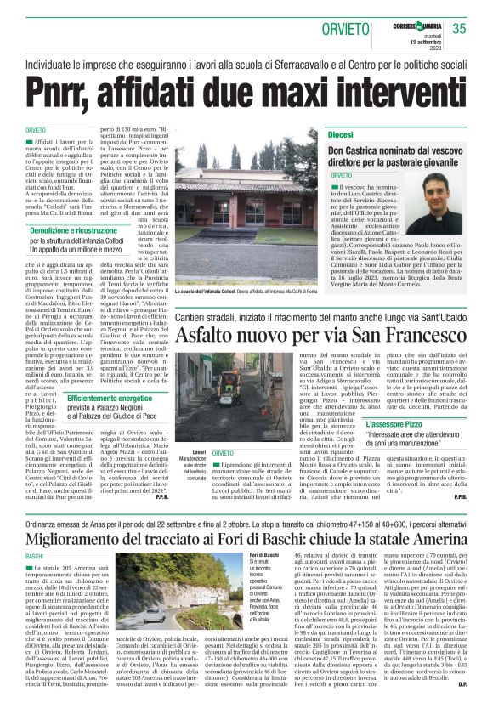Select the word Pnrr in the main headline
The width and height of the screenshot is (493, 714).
65,88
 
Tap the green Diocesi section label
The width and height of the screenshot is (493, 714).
340,135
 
